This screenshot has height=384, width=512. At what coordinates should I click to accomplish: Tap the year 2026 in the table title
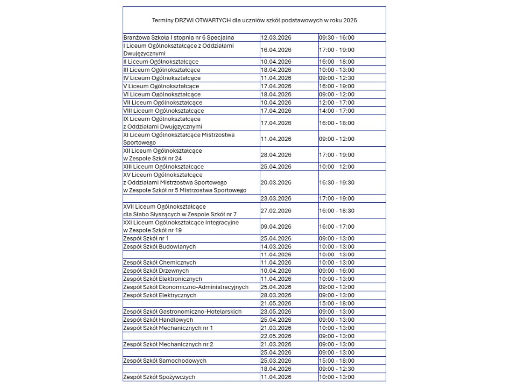coord(349,20)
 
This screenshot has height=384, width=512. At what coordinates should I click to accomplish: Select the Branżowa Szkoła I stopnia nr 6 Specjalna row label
coord(178,38)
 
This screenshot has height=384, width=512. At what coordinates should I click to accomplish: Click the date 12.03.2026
coord(276,38)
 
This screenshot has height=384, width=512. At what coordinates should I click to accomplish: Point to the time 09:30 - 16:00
coord(337,38)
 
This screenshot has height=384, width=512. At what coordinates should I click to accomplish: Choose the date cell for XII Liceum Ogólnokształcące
coord(276,155)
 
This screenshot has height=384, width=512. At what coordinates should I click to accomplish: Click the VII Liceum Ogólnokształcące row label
coord(163,102)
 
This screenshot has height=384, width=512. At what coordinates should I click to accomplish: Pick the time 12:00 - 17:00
coord(337,102)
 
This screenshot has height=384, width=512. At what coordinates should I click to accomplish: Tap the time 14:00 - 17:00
coord(337,111)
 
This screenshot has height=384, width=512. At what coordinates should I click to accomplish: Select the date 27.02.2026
coord(276,211)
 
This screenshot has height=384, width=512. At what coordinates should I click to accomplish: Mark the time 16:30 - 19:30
coord(337,183)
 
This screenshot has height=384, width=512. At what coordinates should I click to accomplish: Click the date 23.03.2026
coord(276,198)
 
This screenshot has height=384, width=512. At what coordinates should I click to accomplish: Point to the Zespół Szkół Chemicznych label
coord(160,263)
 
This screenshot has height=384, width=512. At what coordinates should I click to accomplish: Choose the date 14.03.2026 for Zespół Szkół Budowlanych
coord(276,247)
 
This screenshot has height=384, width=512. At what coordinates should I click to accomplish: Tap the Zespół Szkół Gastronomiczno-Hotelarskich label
coord(182,311)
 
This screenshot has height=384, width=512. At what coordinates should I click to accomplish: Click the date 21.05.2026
coord(276,303)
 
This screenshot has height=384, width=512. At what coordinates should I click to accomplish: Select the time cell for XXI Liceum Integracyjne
coord(337,227)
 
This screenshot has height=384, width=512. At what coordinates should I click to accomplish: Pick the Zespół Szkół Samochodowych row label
coord(164,361)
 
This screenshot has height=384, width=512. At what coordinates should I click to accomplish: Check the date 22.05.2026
coord(276,336)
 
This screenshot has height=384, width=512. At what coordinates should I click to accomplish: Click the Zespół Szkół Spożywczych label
coord(159,377)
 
